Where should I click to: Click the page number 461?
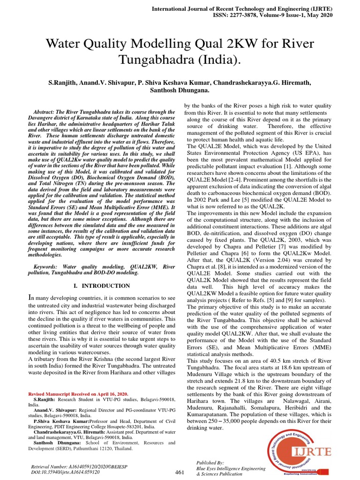click(179, 472)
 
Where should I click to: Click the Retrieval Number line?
click(74, 467)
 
